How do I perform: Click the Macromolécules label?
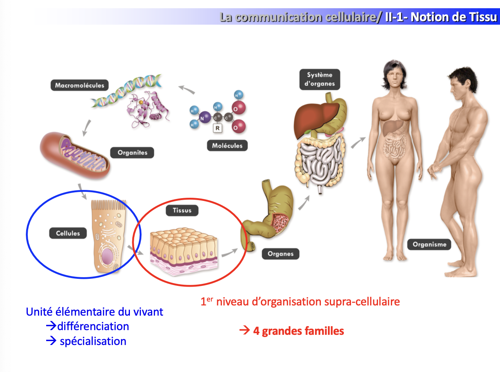point(79,85)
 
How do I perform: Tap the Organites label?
point(133,152)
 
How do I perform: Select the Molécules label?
point(227,146)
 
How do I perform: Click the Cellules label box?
point(68,233)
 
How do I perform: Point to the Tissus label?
point(182,210)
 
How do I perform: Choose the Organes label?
point(281,254)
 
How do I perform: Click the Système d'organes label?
point(320,79)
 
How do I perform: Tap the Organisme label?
point(429,245)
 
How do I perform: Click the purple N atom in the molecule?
point(202,116)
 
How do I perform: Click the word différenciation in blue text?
point(93,326)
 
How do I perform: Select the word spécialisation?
point(93,341)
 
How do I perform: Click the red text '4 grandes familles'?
point(298,331)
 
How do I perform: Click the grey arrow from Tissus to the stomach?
point(230,253)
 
